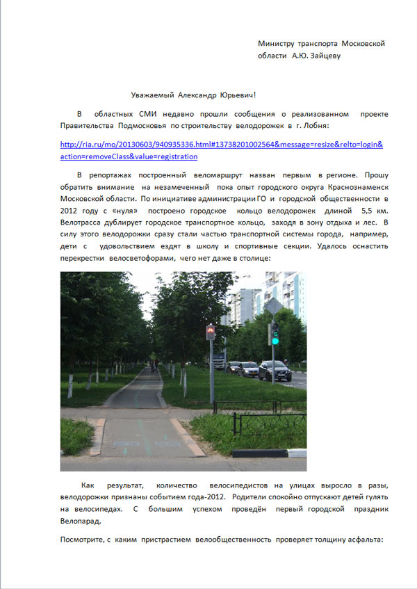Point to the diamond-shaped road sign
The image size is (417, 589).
coord(272,305)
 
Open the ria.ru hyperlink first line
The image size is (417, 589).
coord(222,145)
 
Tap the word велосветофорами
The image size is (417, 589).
coord(142,257)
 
